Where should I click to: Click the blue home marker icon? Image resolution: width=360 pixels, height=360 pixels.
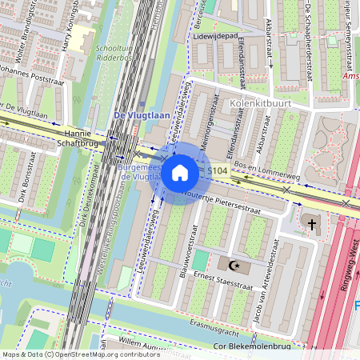click(180, 173)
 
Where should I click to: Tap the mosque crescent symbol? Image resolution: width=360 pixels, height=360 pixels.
click(234, 265)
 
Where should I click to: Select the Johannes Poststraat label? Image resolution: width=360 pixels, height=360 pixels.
click(31, 79)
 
